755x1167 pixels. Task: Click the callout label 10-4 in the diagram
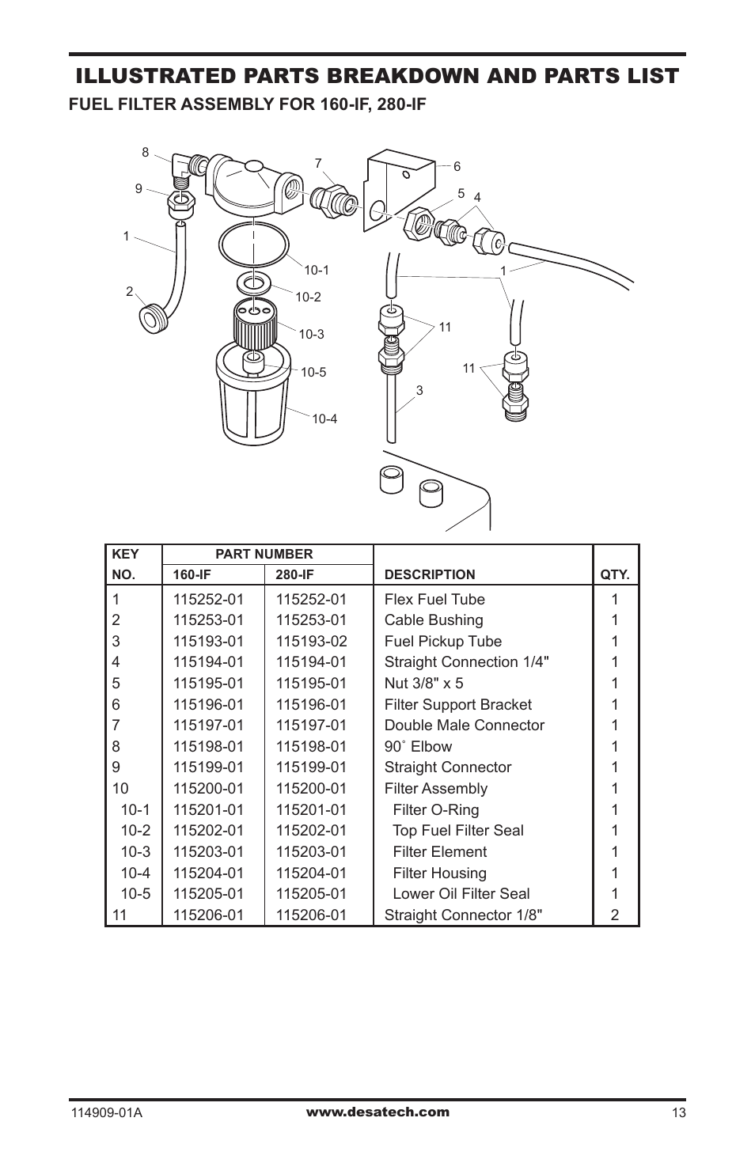tap(324, 419)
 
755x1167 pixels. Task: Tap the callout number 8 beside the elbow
tap(145, 153)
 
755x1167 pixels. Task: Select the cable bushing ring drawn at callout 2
tap(150, 318)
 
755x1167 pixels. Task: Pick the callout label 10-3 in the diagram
tap(312, 334)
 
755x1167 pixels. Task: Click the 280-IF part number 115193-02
tap(311, 642)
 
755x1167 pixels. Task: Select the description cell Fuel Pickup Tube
tap(442, 642)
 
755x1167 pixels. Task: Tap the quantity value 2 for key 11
tap(614, 915)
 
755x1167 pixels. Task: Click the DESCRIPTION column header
tap(430, 575)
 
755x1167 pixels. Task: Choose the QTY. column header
tap(614, 575)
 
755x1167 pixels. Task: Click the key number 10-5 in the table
tap(135, 894)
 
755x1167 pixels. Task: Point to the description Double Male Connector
tap(464, 726)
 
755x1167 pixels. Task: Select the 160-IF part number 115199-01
tap(208, 767)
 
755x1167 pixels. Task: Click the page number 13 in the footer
tap(678, 1113)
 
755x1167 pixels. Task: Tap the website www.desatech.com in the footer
tap(377, 1112)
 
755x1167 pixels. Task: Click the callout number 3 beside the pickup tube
tap(419, 389)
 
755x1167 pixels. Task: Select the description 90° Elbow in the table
tap(418, 747)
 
